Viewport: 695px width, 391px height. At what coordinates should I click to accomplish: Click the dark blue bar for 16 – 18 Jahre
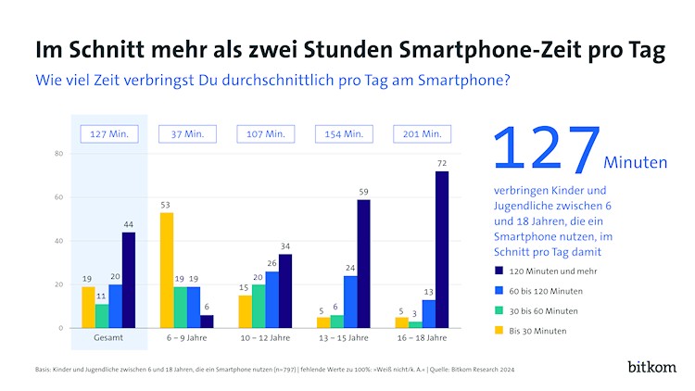coord(442,249)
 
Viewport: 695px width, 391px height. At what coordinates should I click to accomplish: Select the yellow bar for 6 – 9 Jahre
coord(167,270)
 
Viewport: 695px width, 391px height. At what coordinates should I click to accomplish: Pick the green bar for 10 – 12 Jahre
coord(258,306)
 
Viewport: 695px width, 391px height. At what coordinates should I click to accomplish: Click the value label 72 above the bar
coord(442,163)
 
